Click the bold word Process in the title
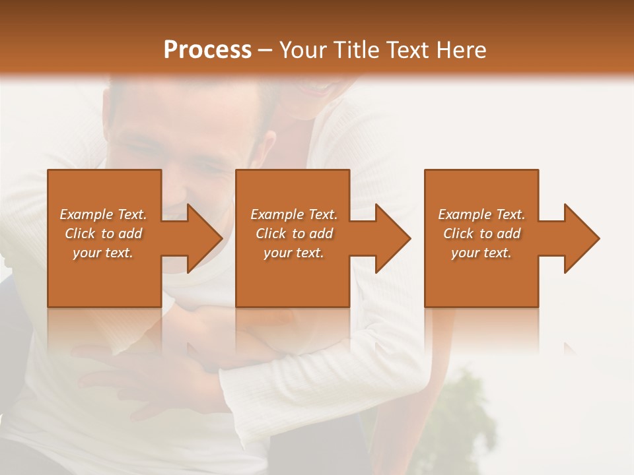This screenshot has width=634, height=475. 207,50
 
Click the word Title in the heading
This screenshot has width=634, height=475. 354,50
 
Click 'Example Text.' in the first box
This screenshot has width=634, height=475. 103,214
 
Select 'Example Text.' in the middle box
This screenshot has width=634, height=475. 294,214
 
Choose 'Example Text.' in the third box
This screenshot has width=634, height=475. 481,214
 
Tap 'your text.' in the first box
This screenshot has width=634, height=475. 103,253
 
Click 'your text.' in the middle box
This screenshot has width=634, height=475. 294,253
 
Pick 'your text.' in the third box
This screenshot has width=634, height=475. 481,253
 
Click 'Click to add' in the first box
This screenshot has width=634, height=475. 103,234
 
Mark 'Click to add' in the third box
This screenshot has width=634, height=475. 481,234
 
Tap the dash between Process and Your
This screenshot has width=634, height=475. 265,50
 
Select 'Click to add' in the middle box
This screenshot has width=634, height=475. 294,234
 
